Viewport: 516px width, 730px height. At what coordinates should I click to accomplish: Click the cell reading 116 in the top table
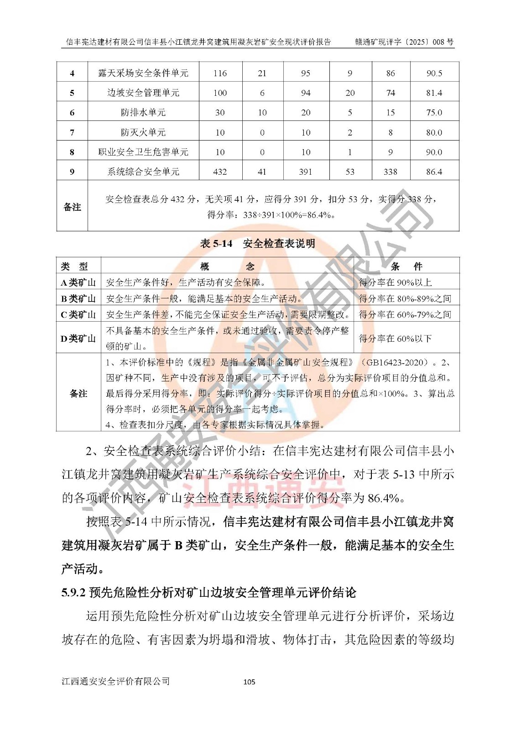tap(220, 73)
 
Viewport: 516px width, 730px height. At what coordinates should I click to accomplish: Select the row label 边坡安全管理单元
tap(143, 93)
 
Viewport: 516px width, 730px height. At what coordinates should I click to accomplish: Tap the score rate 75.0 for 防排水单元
tap(434, 113)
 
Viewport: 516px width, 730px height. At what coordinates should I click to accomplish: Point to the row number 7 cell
tap(72, 132)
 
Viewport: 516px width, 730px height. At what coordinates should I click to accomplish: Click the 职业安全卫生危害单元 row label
tap(143, 152)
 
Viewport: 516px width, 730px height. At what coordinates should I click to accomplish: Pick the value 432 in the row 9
tap(220, 172)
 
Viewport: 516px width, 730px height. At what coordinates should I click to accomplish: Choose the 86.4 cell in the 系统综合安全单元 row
tap(434, 172)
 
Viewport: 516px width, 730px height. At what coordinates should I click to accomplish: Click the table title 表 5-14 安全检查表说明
tap(257, 244)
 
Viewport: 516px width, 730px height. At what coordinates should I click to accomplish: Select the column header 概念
tap(227, 266)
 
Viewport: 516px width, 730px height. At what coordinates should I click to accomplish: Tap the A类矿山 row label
tap(78, 282)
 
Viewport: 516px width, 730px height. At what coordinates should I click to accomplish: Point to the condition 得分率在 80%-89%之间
tap(405, 298)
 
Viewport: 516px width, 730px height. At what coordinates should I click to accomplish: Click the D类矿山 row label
tap(78, 338)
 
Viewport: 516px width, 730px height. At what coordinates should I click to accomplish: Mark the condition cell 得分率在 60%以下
tap(395, 338)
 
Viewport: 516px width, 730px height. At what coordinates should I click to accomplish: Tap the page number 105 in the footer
tap(249, 682)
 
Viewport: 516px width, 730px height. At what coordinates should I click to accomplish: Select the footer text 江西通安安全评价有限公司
tap(116, 681)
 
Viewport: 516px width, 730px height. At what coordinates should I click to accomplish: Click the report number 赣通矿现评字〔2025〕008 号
tap(404, 42)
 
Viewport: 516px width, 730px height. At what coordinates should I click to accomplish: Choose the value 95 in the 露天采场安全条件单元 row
tap(306, 73)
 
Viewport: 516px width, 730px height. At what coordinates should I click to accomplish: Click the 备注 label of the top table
tap(72, 207)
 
